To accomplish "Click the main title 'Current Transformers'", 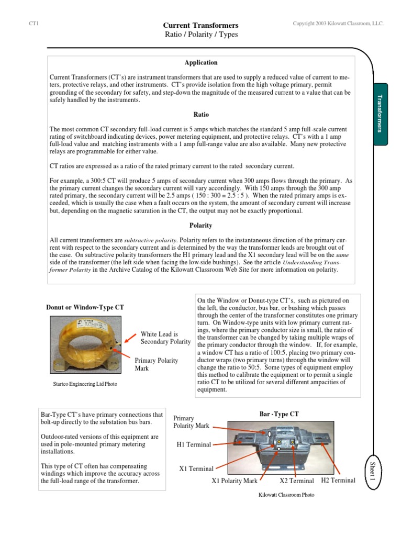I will [201, 25].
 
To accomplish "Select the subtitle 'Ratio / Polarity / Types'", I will [201, 35].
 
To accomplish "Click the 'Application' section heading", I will [201, 62].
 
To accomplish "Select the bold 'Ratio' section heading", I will [201, 114].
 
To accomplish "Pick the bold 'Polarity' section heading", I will [201, 225].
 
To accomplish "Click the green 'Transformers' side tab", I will [380, 114].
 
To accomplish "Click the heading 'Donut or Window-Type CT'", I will [85, 307].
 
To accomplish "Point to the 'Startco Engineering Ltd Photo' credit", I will [82, 384].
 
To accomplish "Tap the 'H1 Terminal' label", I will [194, 444].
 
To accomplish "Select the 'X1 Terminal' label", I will [196, 468].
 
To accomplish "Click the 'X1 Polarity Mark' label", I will [234, 481].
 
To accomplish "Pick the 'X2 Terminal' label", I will [297, 481].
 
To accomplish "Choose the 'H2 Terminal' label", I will [338, 480].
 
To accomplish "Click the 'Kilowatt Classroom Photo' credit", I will [287, 495].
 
